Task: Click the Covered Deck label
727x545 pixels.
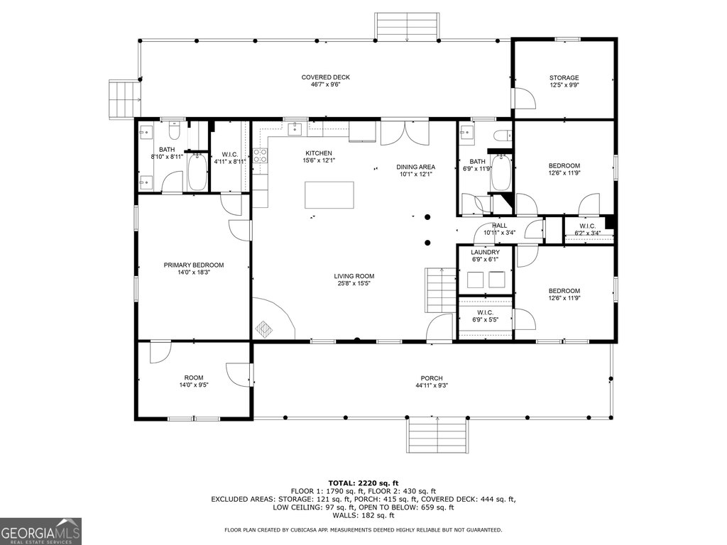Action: click(325, 77)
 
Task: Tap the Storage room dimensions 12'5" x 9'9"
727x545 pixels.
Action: click(564, 85)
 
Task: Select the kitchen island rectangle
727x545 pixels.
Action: click(329, 194)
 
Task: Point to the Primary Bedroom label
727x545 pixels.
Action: click(194, 265)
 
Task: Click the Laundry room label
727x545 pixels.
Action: click(486, 252)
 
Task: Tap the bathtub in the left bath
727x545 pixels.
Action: click(197, 172)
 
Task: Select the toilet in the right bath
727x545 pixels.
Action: click(503, 136)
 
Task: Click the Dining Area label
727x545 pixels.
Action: click(416, 167)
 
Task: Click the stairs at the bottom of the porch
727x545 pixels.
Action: click(437, 436)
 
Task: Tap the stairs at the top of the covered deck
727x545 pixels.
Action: click(407, 27)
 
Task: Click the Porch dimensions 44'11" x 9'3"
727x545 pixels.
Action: click(432, 385)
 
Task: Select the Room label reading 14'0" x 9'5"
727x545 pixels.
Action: click(194, 378)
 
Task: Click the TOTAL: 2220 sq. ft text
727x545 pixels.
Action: click(363, 483)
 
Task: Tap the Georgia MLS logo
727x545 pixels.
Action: click(40, 531)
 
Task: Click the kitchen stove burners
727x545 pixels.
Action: click(260, 155)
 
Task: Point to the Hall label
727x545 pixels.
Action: click(499, 225)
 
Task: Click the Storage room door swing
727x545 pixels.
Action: click(525, 97)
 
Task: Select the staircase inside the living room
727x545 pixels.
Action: click(441, 290)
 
